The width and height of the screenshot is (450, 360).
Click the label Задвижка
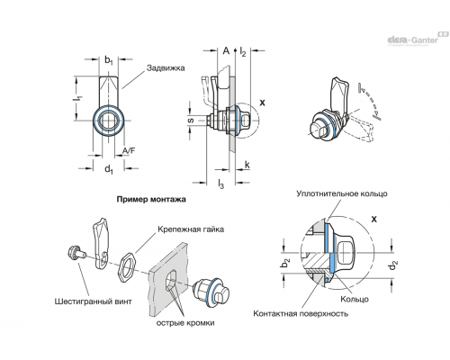(166, 68)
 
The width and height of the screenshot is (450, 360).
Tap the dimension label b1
(109, 60)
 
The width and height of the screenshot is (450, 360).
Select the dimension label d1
(109, 169)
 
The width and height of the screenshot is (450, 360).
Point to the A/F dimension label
(129, 151)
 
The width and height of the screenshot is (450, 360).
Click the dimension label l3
(220, 184)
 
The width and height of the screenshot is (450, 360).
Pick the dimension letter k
(247, 165)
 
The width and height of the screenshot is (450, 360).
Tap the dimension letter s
(190, 121)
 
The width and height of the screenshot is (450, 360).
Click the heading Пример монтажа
(151, 199)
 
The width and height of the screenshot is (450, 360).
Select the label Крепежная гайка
(191, 229)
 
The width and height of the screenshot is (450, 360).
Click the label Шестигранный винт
(93, 301)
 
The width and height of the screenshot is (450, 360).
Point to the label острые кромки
(185, 323)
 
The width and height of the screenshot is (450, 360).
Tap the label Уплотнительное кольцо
(342, 193)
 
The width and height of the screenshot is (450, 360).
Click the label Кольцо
(355, 299)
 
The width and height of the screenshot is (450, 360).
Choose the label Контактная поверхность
(301, 314)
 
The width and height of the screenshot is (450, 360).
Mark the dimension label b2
(285, 263)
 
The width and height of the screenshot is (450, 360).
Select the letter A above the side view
(226, 51)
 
